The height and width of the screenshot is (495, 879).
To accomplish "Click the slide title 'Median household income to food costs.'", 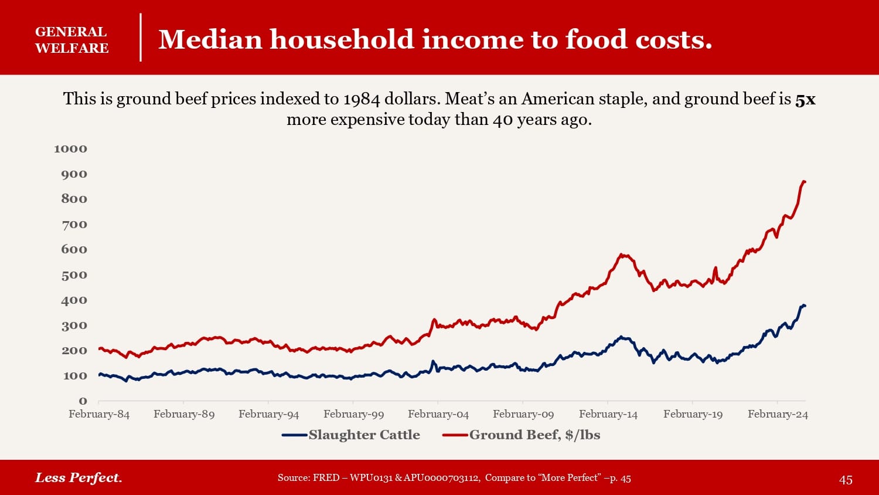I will tap(435, 39).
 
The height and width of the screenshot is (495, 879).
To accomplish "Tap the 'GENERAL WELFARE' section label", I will tap(71, 40).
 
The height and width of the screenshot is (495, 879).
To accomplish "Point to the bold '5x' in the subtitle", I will tap(805, 99).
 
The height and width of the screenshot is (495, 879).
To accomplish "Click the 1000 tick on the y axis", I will tap(70, 148).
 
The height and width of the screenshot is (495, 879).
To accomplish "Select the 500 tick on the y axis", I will tap(74, 275).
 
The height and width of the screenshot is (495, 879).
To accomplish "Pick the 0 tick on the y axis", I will tap(83, 401).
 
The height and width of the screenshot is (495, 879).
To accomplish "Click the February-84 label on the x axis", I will tap(99, 414).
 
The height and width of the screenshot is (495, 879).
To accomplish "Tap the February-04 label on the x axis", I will tap(438, 414).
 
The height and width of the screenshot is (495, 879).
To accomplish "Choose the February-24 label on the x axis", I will tap(778, 414).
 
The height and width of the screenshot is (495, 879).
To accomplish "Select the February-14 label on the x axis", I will tap(608, 414).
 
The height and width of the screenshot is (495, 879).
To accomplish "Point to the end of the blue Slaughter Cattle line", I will tap(805, 306).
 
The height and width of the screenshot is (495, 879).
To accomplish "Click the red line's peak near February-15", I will tap(621, 255).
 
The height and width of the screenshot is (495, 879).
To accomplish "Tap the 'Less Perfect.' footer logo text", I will tap(79, 477).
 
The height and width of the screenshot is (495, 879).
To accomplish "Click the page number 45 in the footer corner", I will tap(846, 480).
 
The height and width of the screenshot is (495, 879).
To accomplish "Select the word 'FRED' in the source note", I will tap(326, 478).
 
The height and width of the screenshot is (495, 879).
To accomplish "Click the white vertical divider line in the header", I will tap(141, 38).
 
